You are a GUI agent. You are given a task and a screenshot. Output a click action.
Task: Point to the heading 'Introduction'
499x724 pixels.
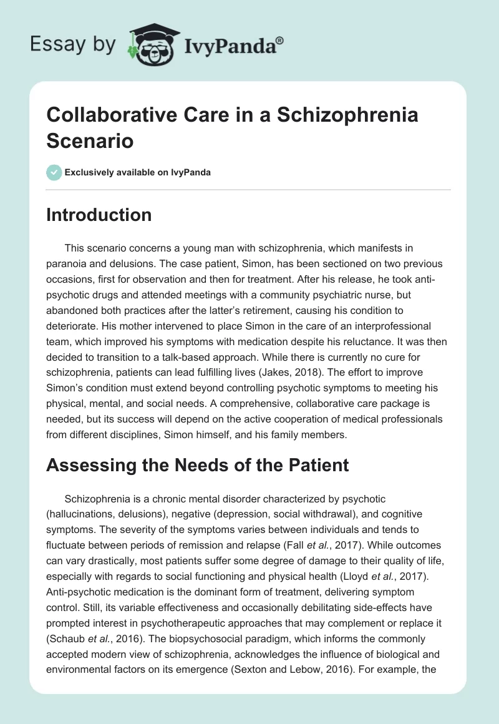pyautogui.click(x=99, y=215)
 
